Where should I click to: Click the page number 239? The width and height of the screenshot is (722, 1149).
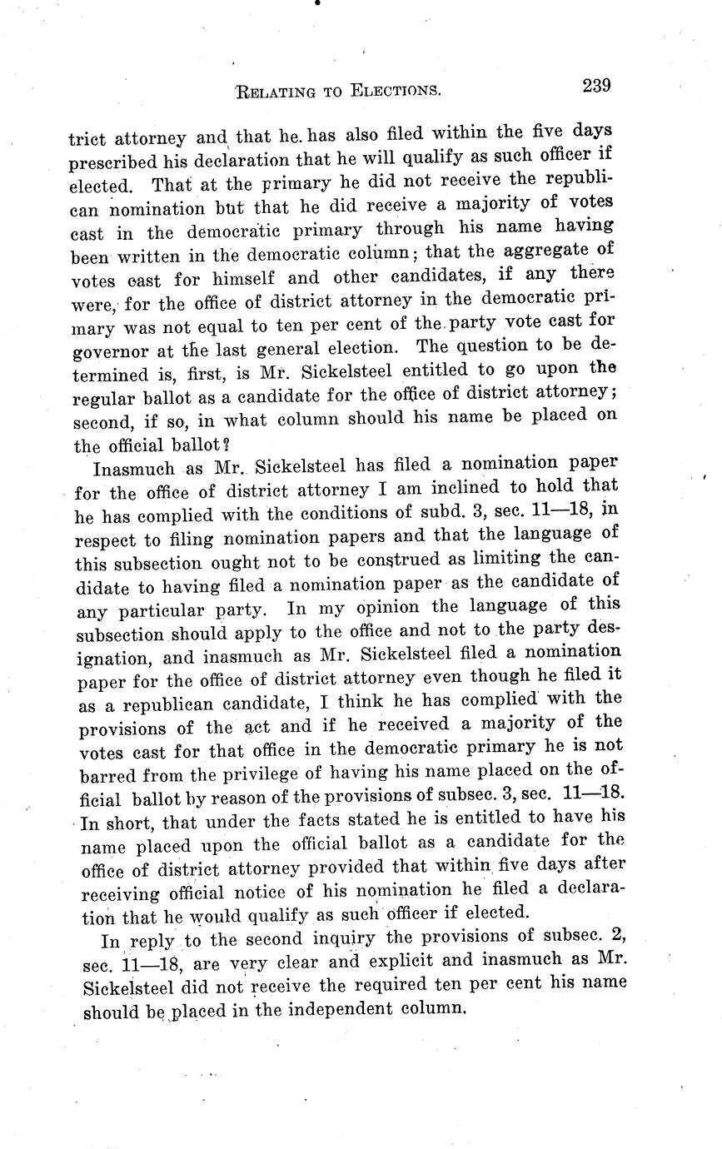click(597, 86)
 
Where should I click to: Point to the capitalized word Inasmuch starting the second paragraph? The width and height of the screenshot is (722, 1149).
click(134, 468)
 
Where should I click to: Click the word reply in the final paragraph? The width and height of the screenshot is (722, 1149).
click(152, 943)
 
